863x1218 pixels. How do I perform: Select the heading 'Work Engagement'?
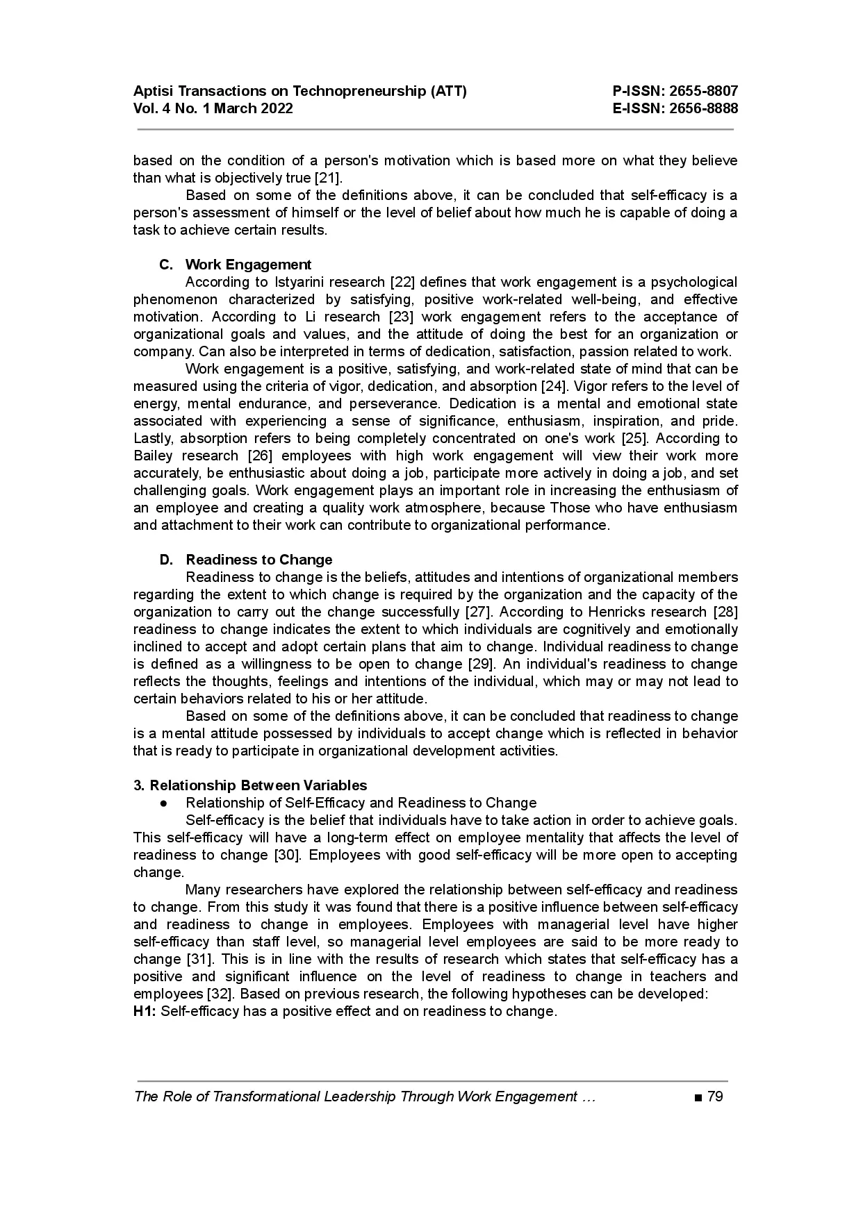coord(248,265)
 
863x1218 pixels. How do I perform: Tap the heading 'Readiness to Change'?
coord(258,560)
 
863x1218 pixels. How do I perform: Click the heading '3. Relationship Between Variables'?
coord(250,785)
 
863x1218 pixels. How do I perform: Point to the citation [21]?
coord(328,178)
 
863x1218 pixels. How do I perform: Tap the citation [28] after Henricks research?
coord(725,612)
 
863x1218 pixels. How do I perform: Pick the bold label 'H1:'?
coord(145,1011)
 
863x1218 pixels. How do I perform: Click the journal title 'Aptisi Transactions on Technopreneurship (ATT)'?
coord(299,91)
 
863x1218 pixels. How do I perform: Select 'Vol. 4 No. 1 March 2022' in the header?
coord(213,108)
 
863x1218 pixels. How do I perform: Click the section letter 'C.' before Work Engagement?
coord(166,265)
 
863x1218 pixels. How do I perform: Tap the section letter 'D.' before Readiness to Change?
coord(166,560)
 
